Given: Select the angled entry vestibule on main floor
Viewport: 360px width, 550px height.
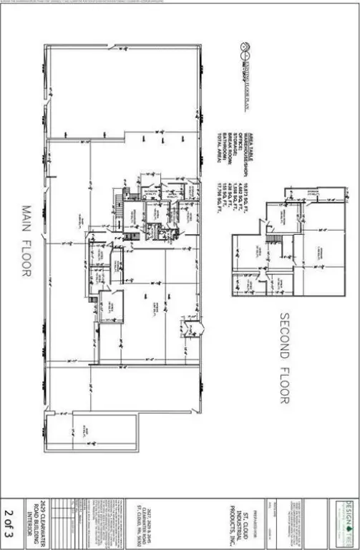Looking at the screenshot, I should tap(188, 329).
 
